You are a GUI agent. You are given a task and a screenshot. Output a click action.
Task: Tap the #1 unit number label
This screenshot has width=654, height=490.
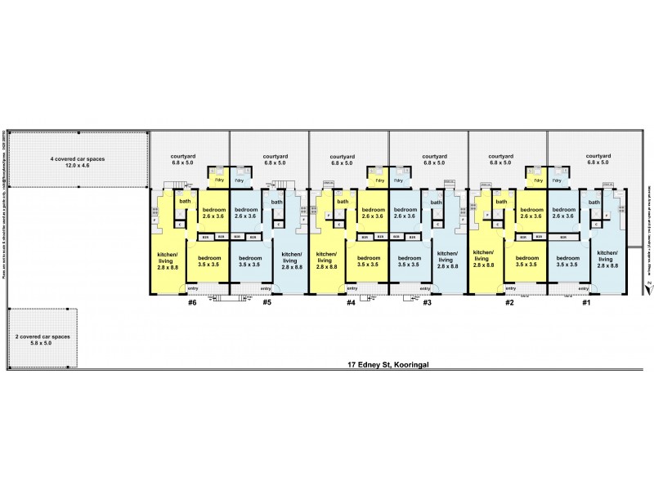pos(585,303)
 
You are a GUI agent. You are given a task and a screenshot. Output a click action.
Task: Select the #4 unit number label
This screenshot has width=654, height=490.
pos(350,303)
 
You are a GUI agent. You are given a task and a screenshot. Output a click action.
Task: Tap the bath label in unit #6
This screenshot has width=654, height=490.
pos(185,202)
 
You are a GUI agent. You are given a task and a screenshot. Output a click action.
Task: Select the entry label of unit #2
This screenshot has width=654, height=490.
pos(509,288)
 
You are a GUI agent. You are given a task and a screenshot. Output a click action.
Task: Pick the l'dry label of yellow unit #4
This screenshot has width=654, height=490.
pos(379,180)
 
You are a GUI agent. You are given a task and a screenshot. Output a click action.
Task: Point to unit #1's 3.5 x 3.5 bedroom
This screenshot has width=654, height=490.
pos(567,261)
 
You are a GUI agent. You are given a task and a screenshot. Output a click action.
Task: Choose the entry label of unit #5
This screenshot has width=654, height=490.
pos(266,288)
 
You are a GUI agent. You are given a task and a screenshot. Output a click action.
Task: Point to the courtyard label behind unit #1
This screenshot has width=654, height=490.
pos(599,158)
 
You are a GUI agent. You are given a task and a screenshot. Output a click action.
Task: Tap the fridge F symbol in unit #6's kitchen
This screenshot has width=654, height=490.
pos(155,220)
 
